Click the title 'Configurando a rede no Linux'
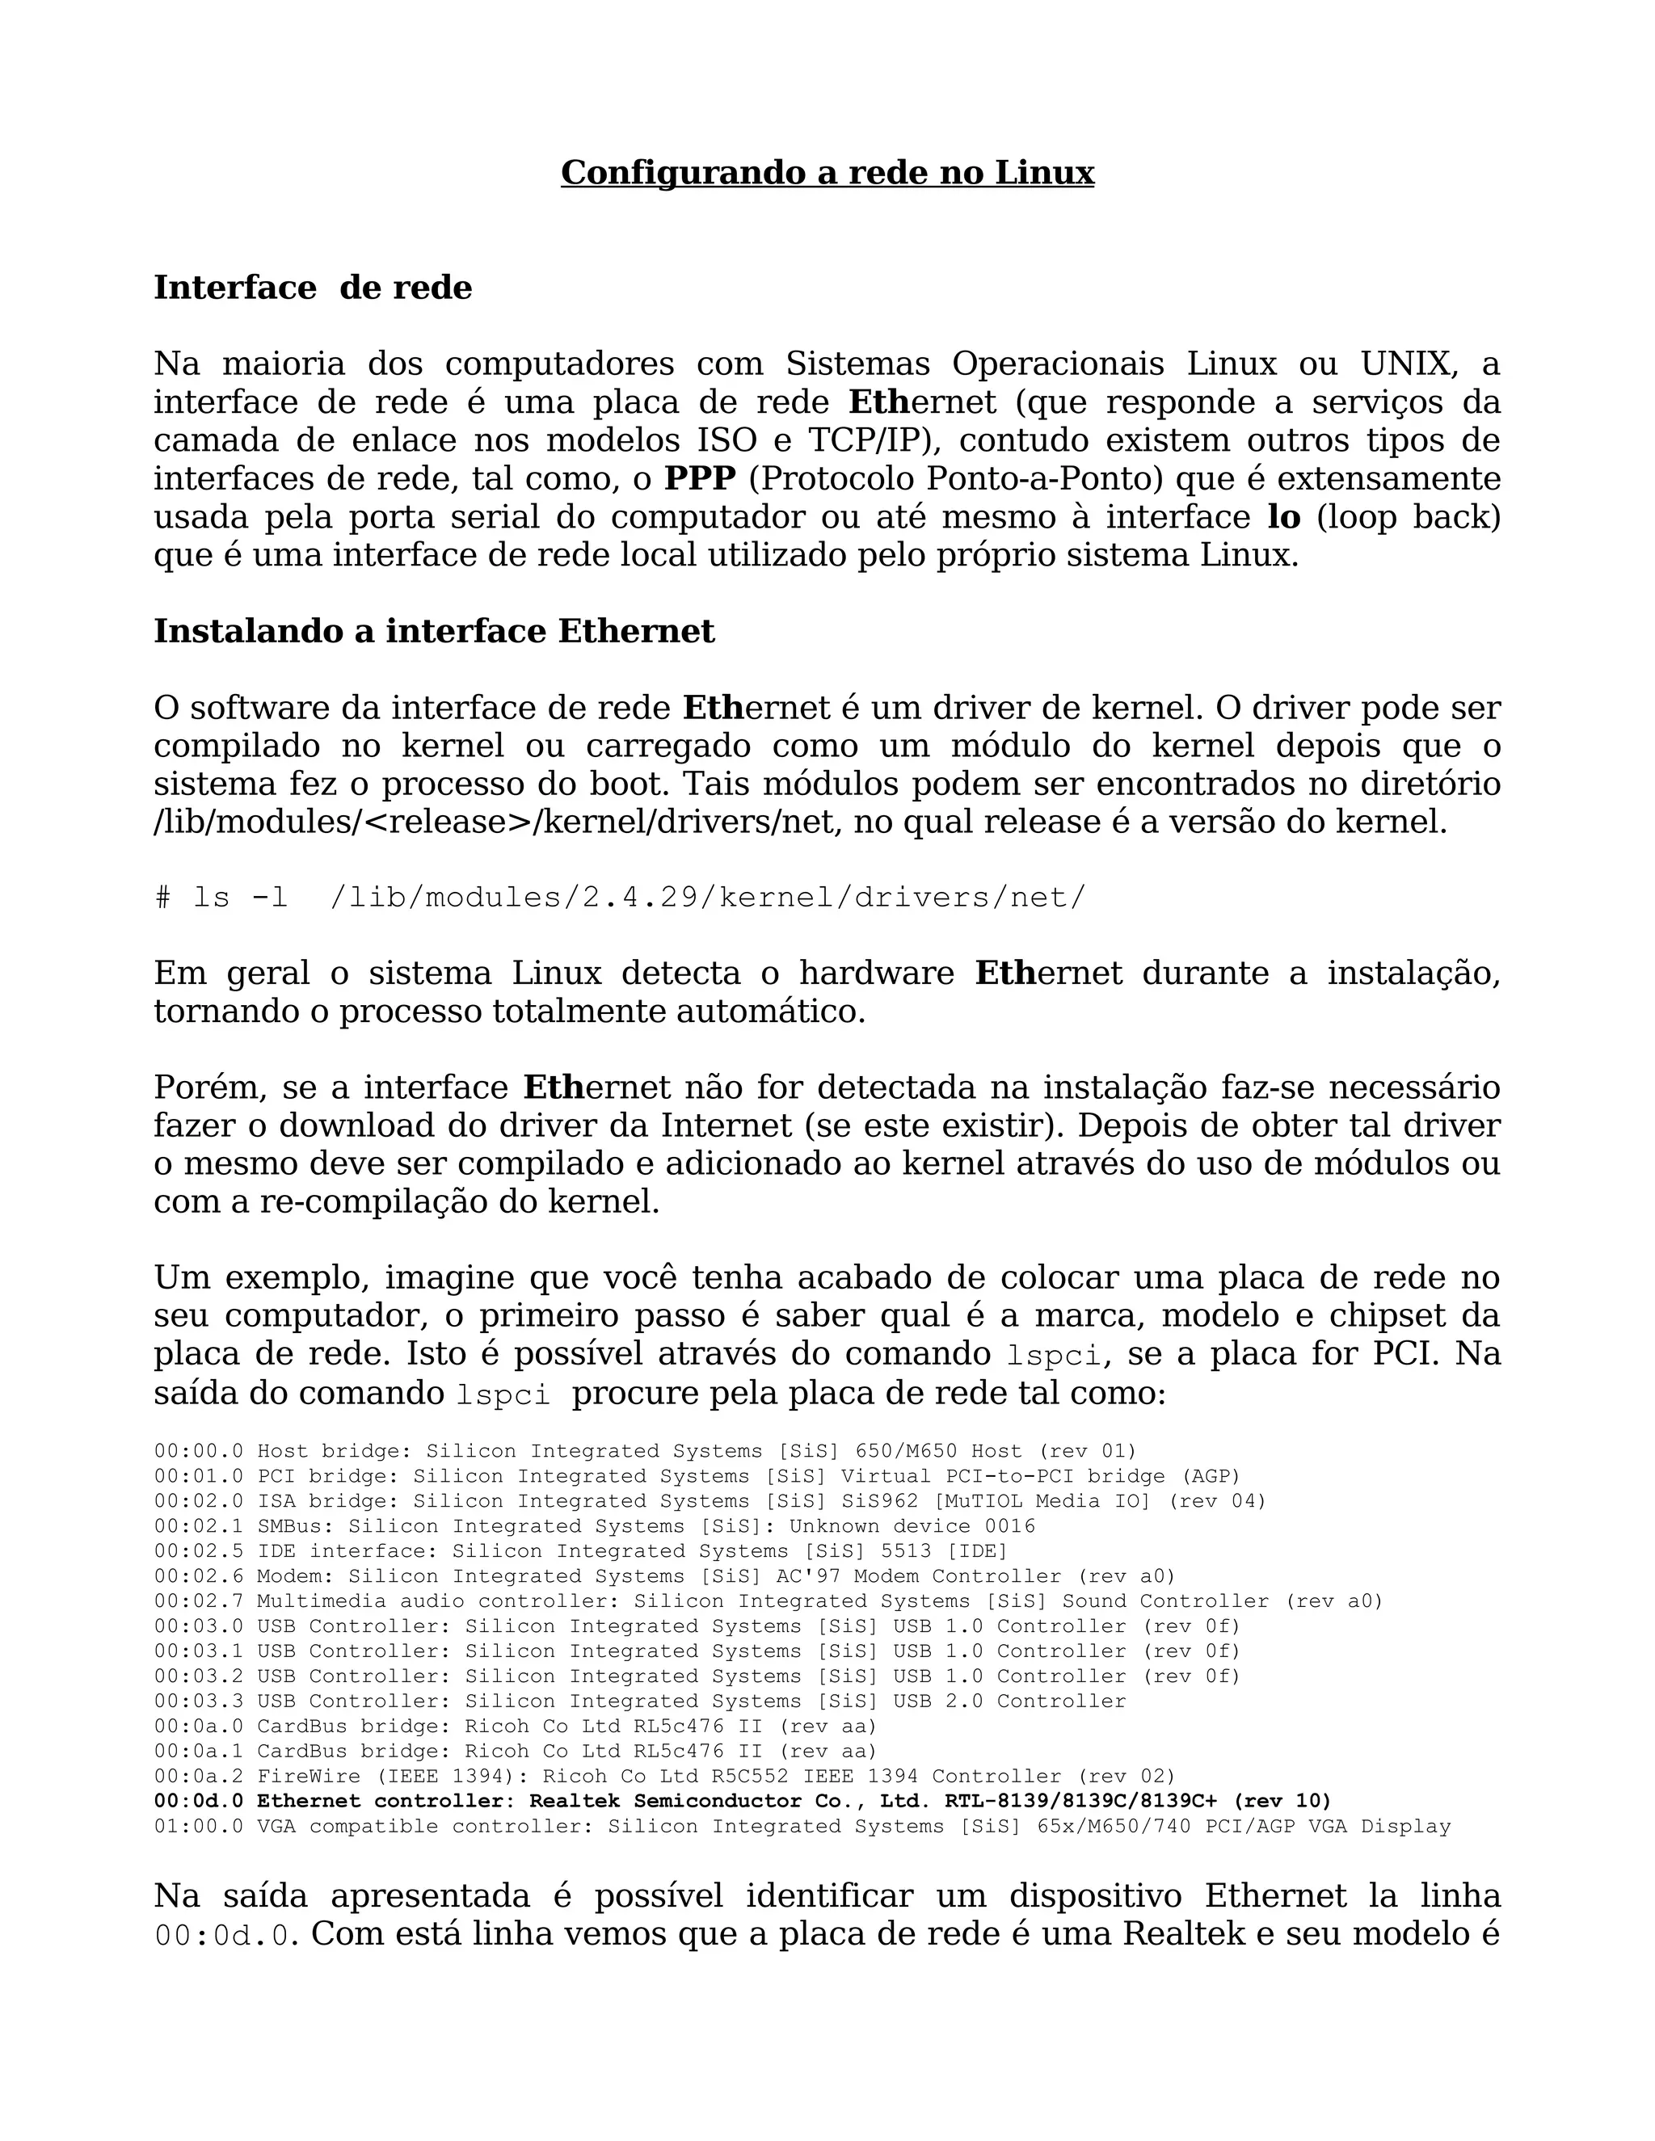[827, 174]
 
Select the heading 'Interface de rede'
[313, 288]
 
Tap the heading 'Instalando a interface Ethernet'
[434, 631]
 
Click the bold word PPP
[699, 479]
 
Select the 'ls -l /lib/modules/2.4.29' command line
[620, 898]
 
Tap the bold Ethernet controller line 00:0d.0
[742, 1801]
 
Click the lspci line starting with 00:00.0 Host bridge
[644, 1451]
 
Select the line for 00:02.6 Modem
[663, 1576]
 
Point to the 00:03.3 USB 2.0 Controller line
[639, 1701]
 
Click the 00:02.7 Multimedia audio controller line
[768, 1600]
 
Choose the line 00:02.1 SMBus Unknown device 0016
[594, 1526]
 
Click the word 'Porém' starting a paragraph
[207, 1088]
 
